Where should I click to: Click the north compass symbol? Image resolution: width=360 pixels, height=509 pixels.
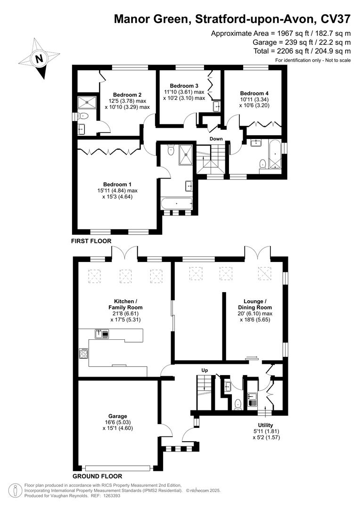(x=39, y=59)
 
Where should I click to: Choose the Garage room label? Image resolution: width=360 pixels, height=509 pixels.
(x=118, y=416)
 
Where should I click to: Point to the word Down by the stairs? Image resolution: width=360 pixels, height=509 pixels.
(x=216, y=139)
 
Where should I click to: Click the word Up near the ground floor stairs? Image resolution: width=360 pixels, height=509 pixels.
(x=205, y=370)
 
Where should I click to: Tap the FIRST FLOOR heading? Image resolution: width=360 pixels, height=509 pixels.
(x=91, y=241)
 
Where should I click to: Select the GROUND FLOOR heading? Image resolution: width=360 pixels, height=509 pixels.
(x=97, y=476)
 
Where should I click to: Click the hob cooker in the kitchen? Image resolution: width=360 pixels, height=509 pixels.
(x=83, y=353)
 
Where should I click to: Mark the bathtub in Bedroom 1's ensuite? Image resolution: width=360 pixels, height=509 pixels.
(x=177, y=204)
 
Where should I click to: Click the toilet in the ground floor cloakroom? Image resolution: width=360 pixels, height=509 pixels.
(x=238, y=403)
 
